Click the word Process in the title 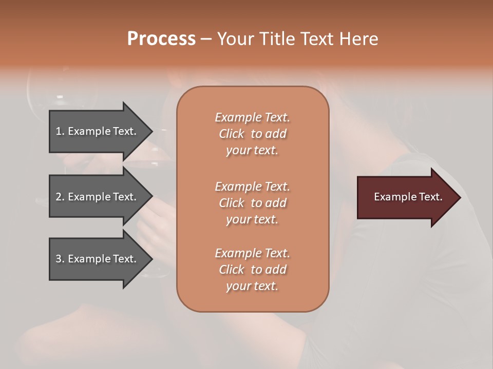click(161, 39)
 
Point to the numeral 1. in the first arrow click(60, 131)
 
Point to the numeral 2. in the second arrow click(60, 197)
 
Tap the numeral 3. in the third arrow click(60, 259)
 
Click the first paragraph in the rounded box click(252, 134)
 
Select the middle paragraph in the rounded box click(252, 203)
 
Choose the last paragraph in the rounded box click(252, 270)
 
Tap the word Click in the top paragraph click(232, 134)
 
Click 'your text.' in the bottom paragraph click(252, 286)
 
